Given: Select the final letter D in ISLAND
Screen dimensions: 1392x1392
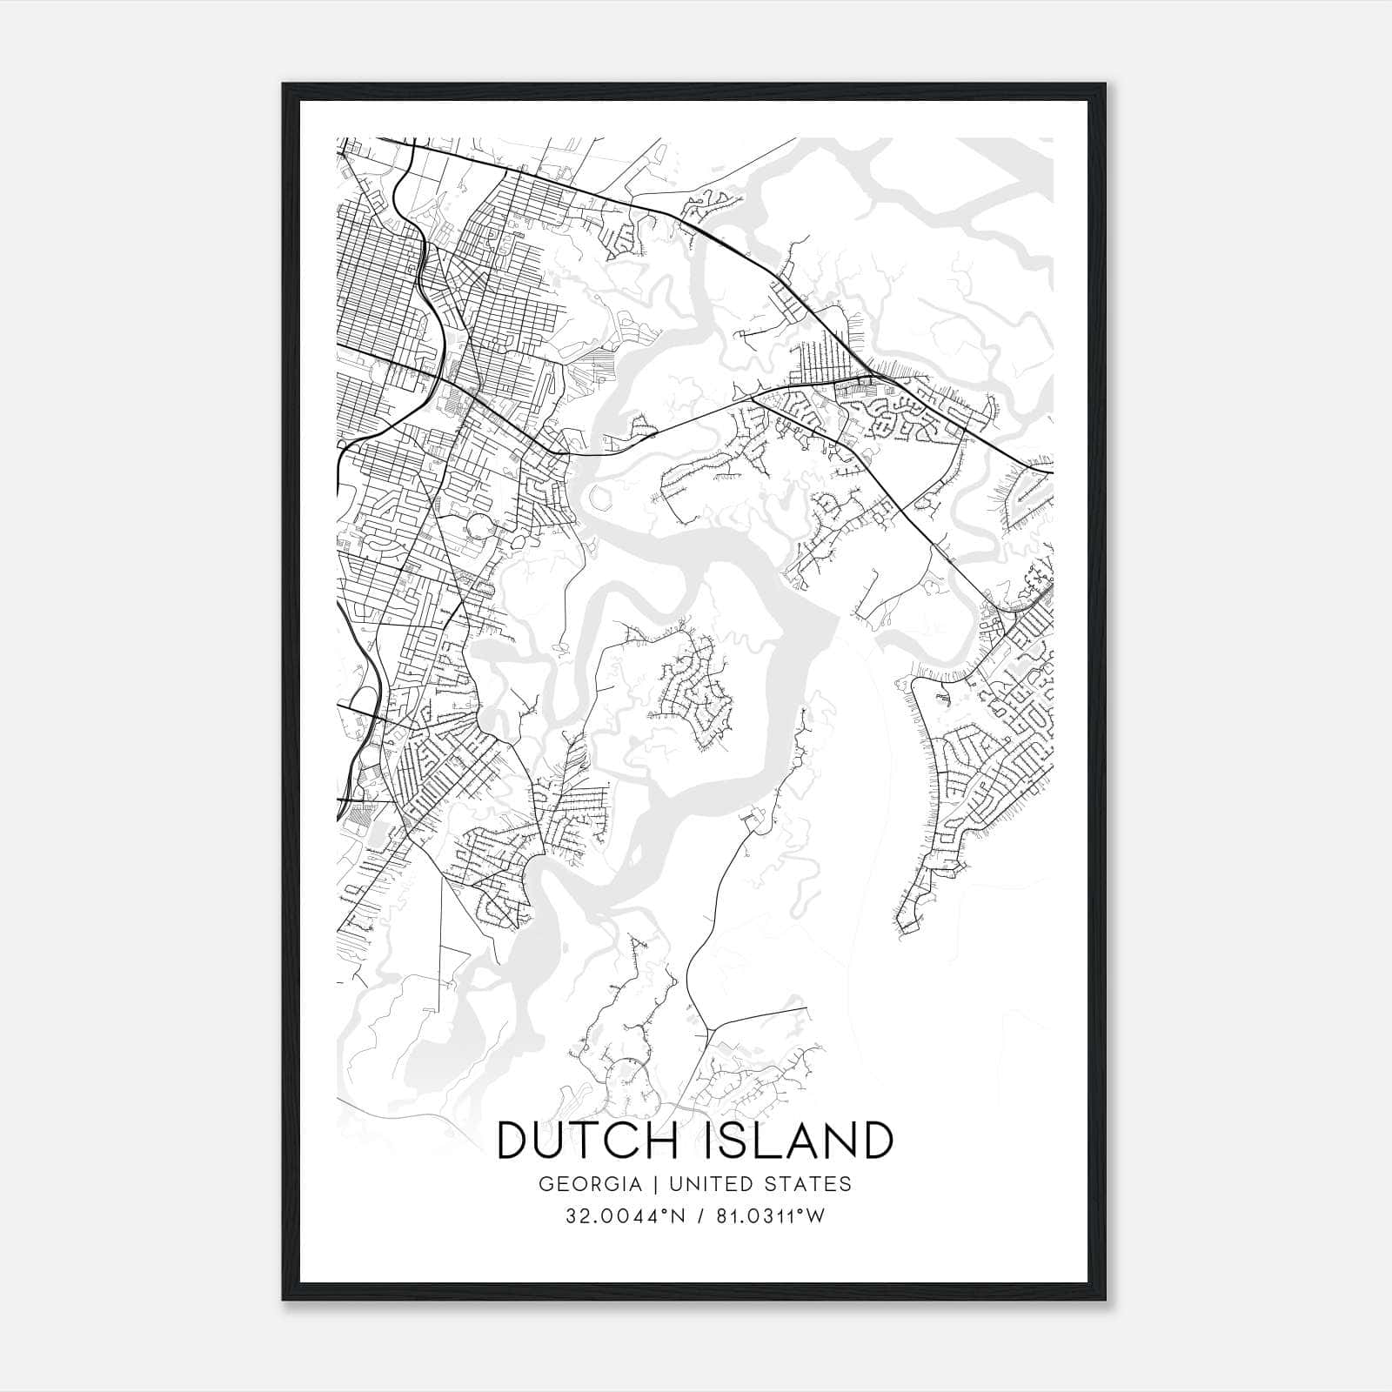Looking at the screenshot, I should click(877, 1141).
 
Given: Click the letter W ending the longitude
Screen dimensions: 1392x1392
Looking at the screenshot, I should click(815, 1216).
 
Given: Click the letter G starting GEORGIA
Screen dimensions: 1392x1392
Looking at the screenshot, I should click(545, 1184).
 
